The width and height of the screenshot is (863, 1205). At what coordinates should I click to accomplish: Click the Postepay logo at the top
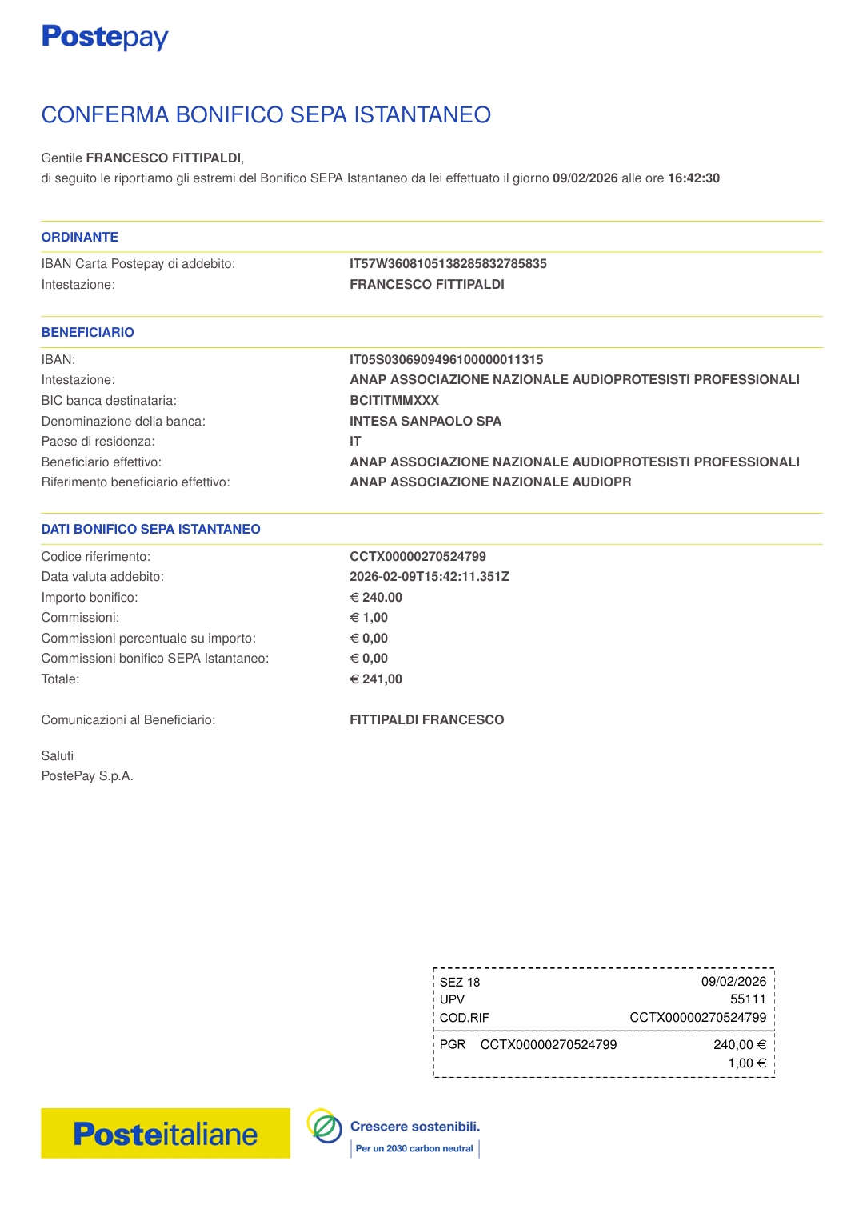pos(105,37)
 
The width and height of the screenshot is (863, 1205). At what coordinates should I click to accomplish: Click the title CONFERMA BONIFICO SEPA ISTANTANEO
pos(266,115)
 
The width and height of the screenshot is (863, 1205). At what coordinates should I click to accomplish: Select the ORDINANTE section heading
pos(80,237)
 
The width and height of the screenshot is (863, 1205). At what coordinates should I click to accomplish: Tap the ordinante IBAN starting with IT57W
pos(448,264)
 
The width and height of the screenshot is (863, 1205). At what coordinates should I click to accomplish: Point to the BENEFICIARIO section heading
pos(88,332)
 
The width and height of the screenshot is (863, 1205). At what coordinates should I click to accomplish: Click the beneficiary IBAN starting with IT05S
pos(446,360)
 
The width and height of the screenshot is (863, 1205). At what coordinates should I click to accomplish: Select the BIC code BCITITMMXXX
pos(394,401)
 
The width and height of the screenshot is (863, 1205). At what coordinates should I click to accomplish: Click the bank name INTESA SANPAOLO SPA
pos(426,422)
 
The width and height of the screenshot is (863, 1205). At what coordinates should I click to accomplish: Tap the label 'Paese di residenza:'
pos(98,442)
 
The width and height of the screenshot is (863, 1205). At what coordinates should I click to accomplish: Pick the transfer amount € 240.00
pos(376,598)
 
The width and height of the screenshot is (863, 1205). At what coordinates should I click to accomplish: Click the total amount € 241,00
pos(376,679)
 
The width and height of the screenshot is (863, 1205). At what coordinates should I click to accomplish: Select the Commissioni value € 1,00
pos(369,618)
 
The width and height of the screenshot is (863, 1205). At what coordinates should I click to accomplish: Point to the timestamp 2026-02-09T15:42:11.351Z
pos(430,577)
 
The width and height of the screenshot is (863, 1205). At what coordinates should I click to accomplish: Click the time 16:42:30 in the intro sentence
pos(693,178)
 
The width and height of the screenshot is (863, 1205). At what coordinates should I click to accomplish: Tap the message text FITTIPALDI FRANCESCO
pos(427,720)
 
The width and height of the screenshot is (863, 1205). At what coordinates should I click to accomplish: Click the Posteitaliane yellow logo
pos(166,1134)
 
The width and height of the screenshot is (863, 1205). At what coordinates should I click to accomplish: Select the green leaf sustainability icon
pos(325,1127)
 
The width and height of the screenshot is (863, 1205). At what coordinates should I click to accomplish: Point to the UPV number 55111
pos(748,999)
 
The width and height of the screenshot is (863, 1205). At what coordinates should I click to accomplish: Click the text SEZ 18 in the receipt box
pos(460,983)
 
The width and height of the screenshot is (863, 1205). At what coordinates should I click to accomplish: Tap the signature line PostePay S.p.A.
pos(87,776)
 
